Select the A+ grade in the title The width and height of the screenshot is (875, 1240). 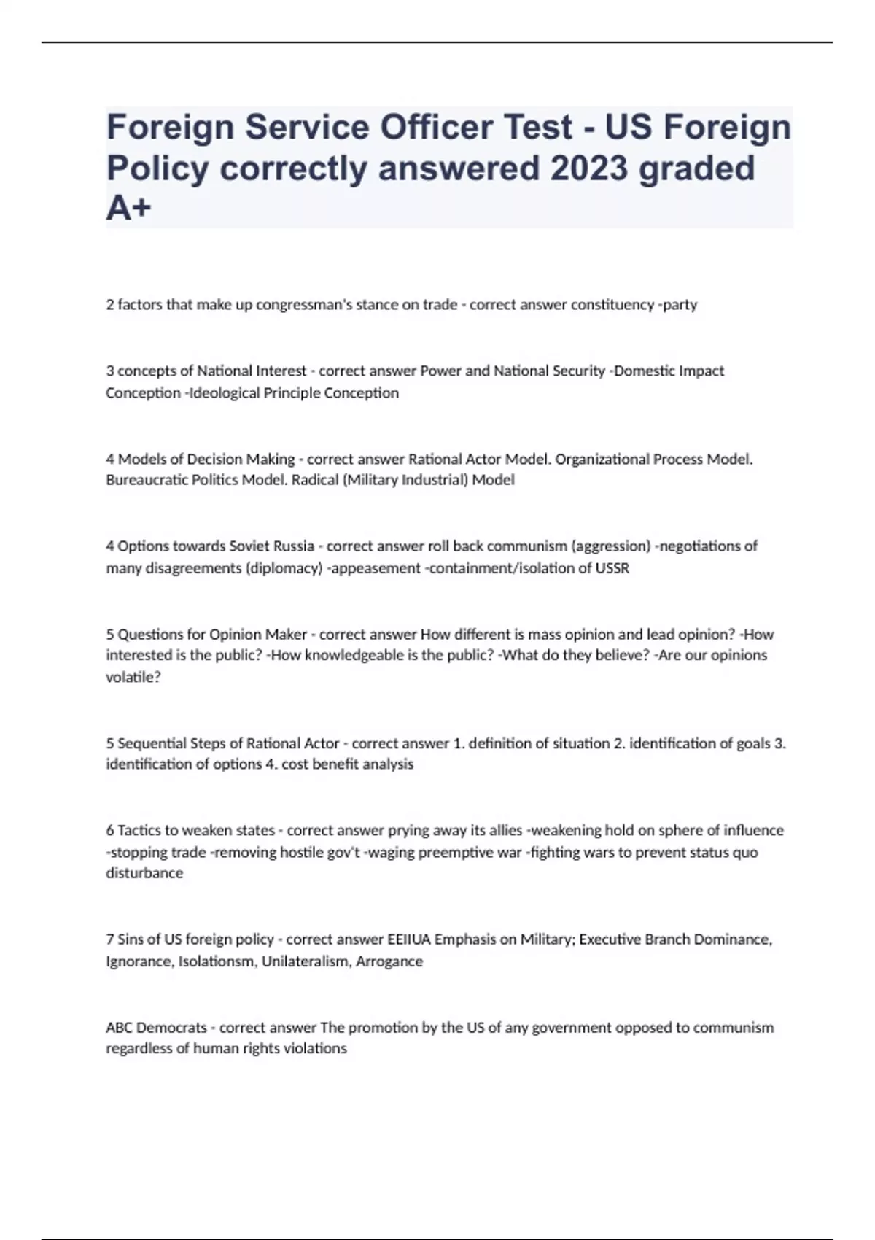[128, 209]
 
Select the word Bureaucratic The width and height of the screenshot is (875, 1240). [141, 480]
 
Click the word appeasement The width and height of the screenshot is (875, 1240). [375, 568]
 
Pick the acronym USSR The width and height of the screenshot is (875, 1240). [612, 568]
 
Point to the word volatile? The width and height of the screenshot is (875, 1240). [133, 677]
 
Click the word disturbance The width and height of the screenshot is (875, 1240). [144, 873]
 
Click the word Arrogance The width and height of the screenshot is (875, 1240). [389, 961]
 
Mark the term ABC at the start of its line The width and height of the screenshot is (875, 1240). [119, 1028]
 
